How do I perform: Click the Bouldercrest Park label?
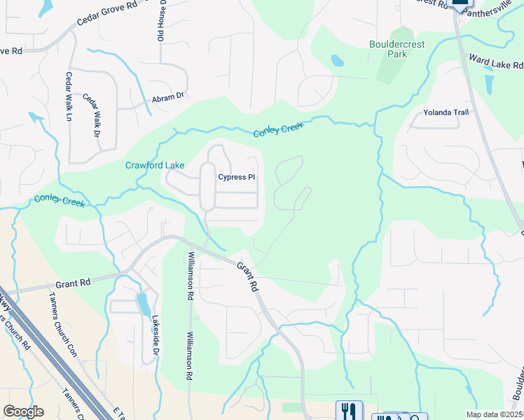pyautogui.click(x=397, y=48)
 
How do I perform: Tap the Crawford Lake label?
pyautogui.click(x=155, y=166)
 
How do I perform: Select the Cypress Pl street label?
pyautogui.click(x=236, y=177)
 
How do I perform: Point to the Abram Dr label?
pyautogui.click(x=167, y=99)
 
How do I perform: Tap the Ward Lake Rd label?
pyautogui.click(x=496, y=62)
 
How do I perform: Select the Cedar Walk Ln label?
pyautogui.click(x=69, y=96)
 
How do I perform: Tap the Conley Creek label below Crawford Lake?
pyautogui.click(x=60, y=202)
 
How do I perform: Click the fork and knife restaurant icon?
pyautogui.click(x=348, y=410)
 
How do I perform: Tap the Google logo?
pyautogui.click(x=23, y=412)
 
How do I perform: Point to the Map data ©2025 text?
pyautogui.click(x=494, y=414)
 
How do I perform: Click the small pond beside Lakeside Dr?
pyautogui.click(x=143, y=304)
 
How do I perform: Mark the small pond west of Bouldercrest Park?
pyautogui.click(x=337, y=61)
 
